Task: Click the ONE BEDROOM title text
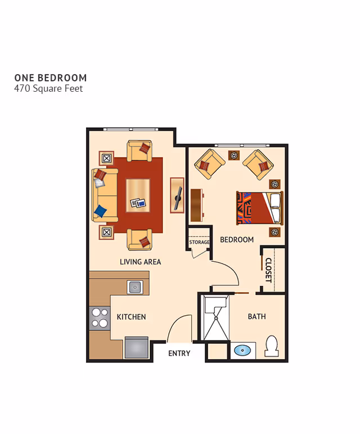tap(51, 78)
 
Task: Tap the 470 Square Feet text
tap(48, 88)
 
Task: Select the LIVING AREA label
tap(140, 262)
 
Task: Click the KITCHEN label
tap(131, 317)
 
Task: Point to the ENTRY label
tap(179, 354)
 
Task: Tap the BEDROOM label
tap(237, 240)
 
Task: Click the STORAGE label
tap(199, 243)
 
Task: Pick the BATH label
tap(257, 316)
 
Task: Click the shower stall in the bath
tap(214, 319)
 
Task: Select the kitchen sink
tap(135, 287)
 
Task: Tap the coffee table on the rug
tap(138, 194)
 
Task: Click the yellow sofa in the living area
tap(105, 194)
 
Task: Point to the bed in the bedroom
tap(259, 208)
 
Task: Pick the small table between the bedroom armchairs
tap(233, 155)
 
